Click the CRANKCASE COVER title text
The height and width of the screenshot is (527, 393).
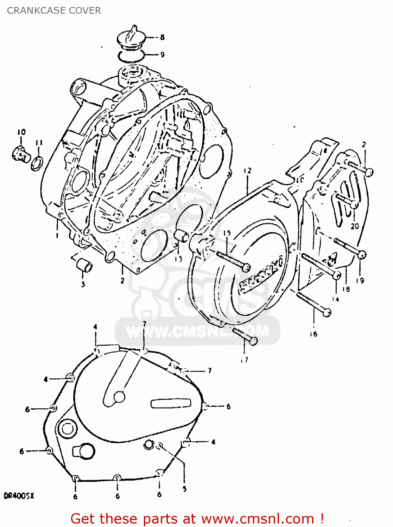click(54, 11)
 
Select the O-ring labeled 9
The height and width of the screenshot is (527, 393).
click(131, 55)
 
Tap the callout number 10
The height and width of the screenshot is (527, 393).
click(21, 132)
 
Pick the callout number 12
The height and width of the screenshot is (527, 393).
click(248, 171)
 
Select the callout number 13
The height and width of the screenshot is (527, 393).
click(179, 259)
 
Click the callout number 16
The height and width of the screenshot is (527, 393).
click(313, 334)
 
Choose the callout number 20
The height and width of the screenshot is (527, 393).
click(355, 226)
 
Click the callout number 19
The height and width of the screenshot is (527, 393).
click(360, 280)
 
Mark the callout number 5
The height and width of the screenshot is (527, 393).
click(185, 489)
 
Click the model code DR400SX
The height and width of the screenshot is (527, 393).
click(19, 496)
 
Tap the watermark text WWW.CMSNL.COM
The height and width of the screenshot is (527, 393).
click(197, 331)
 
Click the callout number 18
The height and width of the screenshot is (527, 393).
click(346, 289)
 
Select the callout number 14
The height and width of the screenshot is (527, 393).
click(336, 299)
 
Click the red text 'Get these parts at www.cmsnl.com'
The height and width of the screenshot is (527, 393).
click(197, 519)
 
